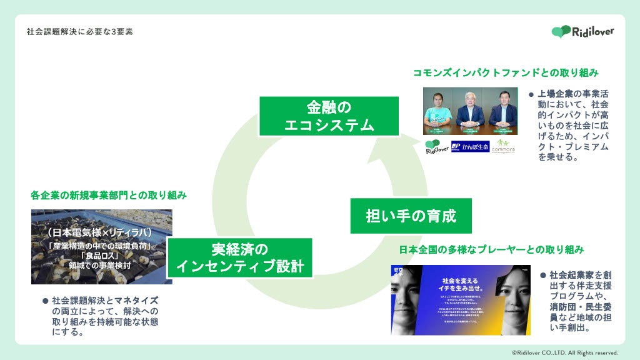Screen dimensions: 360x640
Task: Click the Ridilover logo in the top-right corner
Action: (x=582, y=31)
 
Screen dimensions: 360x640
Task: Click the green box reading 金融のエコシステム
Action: (x=329, y=116)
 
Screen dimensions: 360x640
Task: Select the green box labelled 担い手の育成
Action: (x=411, y=216)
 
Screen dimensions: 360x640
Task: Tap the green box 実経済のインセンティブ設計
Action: (x=239, y=257)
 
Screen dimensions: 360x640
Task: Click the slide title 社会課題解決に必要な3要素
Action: (x=80, y=31)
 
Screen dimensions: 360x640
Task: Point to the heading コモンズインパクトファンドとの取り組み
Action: (x=506, y=72)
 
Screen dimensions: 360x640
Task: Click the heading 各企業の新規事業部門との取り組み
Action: (x=109, y=195)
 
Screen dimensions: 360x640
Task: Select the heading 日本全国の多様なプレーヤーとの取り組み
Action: (x=491, y=249)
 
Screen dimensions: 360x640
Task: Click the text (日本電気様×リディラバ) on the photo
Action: (x=101, y=232)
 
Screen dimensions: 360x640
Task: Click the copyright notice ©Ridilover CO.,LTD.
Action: (x=564, y=352)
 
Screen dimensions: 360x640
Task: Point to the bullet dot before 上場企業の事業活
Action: (x=531, y=94)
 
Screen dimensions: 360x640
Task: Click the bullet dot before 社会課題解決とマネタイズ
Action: (x=45, y=301)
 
